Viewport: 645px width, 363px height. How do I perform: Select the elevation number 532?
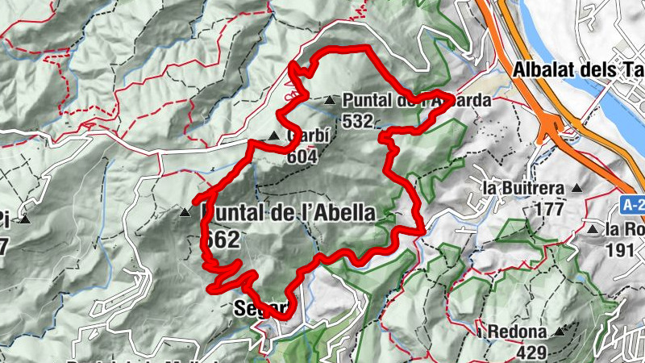click(x=357, y=121)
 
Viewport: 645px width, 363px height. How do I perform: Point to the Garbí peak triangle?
click(x=274, y=136)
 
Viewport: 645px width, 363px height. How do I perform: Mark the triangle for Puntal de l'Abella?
click(x=185, y=213)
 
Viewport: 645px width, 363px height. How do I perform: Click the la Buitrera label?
click(x=522, y=188)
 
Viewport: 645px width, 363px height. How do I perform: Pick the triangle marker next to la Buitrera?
click(x=576, y=188)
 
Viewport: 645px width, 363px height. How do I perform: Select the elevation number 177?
click(x=548, y=209)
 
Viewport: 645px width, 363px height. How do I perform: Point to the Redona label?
click(x=517, y=332)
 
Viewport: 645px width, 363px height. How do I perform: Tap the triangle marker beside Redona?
click(x=558, y=331)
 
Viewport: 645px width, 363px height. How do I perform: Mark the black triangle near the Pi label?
click(x=26, y=219)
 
